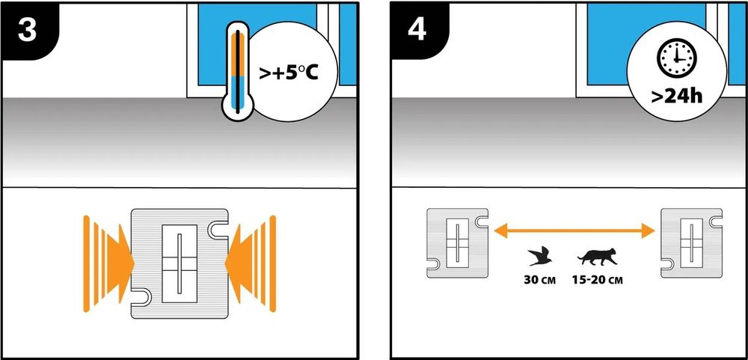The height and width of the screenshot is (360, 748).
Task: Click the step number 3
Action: coord(28,28)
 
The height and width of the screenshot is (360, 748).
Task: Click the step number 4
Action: coord(417,28)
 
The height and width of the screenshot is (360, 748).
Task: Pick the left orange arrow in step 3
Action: coord(108,262)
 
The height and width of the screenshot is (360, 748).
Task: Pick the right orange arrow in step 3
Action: coord(251,262)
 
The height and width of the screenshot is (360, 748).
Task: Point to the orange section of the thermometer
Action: coord(237,56)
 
